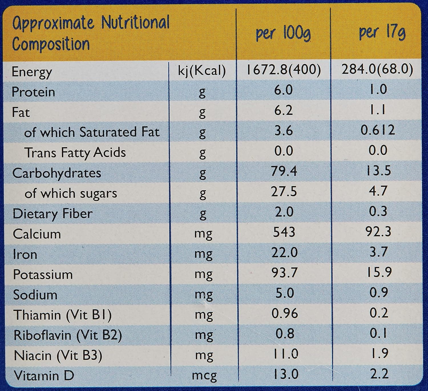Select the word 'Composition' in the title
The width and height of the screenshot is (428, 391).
pos(51,44)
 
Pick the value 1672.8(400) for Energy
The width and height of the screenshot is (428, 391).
pos(284,70)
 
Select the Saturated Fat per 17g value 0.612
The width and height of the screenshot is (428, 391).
pos(378,130)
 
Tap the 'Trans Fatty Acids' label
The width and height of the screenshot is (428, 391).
pos(75,152)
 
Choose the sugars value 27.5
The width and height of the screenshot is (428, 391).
pos(284,191)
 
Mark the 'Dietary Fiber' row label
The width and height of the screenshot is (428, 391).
pos(53,214)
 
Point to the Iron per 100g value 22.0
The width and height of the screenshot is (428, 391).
pos(284,252)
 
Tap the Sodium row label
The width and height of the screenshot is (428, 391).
pos(35,295)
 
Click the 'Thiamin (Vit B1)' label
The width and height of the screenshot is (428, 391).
pos(62,315)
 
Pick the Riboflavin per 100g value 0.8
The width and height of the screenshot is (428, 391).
pos(284,333)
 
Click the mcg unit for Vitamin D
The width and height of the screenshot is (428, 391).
pos(204,376)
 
